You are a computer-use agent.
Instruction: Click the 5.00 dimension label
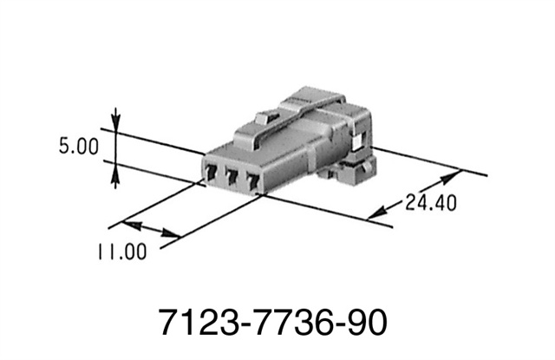pyautogui.click(x=79, y=147)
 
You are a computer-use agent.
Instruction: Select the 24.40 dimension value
pyautogui.click(x=430, y=204)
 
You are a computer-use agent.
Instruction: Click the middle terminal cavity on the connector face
pyautogui.click(x=232, y=178)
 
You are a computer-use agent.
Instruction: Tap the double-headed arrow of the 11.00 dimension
pyautogui.click(x=157, y=230)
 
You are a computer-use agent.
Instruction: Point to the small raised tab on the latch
pyautogui.click(x=265, y=115)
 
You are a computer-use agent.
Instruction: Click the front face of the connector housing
pyautogui.click(x=232, y=173)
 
